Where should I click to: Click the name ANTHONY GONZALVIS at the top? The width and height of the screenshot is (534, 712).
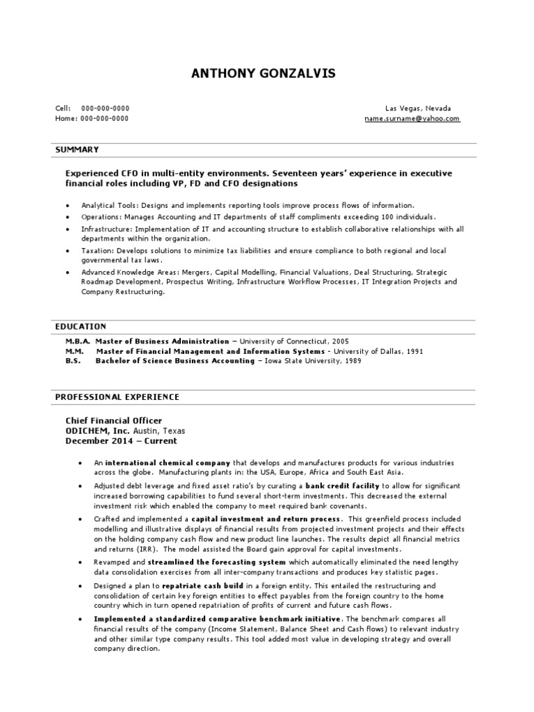[268, 74]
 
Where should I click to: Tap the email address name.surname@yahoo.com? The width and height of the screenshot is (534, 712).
[412, 119]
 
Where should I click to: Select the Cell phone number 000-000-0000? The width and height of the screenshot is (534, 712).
[105, 109]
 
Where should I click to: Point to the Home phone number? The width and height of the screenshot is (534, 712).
[104, 119]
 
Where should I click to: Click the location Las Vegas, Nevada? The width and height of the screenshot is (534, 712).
[418, 109]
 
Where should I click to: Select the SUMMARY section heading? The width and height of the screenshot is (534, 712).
[77, 149]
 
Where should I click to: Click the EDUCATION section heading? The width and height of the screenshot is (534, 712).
[81, 326]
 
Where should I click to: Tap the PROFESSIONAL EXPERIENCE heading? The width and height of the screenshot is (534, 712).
[117, 397]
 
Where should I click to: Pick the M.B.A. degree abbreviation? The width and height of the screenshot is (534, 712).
[78, 341]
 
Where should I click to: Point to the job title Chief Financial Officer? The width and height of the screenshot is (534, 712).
[113, 421]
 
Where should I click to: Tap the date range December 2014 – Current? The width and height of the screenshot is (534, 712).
[121, 441]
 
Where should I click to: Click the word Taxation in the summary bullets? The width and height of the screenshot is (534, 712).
[97, 250]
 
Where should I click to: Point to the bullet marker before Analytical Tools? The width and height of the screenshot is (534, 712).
[67, 207]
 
